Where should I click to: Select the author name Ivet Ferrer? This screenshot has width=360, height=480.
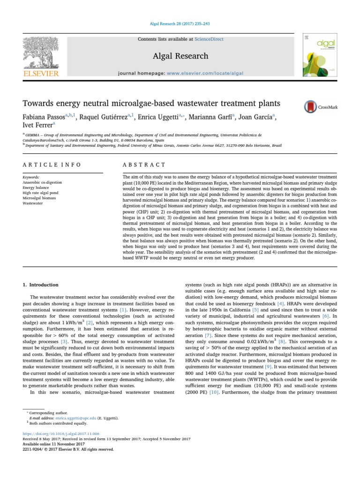pos(38,125)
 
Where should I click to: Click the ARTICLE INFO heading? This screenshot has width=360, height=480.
pos(52,165)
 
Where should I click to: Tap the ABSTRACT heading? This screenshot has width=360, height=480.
pos(144,165)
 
